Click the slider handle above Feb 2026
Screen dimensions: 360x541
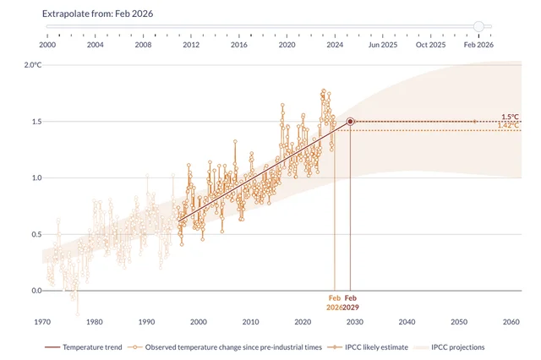(x=479, y=26)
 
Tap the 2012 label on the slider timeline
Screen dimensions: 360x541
(x=191, y=44)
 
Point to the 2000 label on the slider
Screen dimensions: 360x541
(x=47, y=44)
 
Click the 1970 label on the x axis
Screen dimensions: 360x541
(x=44, y=322)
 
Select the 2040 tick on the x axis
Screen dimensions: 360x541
(x=407, y=322)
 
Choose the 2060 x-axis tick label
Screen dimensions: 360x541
(x=511, y=322)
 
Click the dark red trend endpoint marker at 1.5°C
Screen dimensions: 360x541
(x=350, y=122)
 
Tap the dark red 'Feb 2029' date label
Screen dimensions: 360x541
(x=351, y=303)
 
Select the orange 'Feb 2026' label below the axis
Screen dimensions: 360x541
(x=335, y=303)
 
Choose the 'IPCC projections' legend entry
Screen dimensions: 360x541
(x=457, y=346)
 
